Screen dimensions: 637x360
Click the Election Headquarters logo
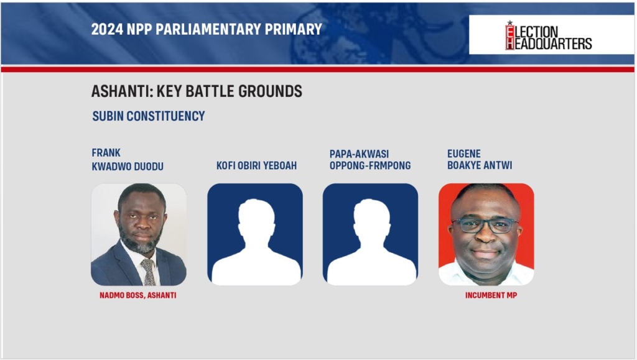[549, 35]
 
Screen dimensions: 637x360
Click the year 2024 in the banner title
[107, 29]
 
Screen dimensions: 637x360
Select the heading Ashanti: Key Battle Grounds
[197, 91]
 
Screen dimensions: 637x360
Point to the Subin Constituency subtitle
[148, 116]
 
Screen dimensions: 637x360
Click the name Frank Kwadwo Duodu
[128, 160]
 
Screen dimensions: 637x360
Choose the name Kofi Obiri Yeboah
[256, 165]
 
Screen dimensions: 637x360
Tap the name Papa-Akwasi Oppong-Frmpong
[370, 160]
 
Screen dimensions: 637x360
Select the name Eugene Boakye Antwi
[480, 160]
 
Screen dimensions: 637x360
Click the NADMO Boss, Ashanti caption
[137, 295]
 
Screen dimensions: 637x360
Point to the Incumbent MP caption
[491, 295]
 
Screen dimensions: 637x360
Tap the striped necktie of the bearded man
[148, 272]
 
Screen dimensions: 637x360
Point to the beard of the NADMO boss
[140, 239]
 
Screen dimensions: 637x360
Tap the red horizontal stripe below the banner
[318, 70]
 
